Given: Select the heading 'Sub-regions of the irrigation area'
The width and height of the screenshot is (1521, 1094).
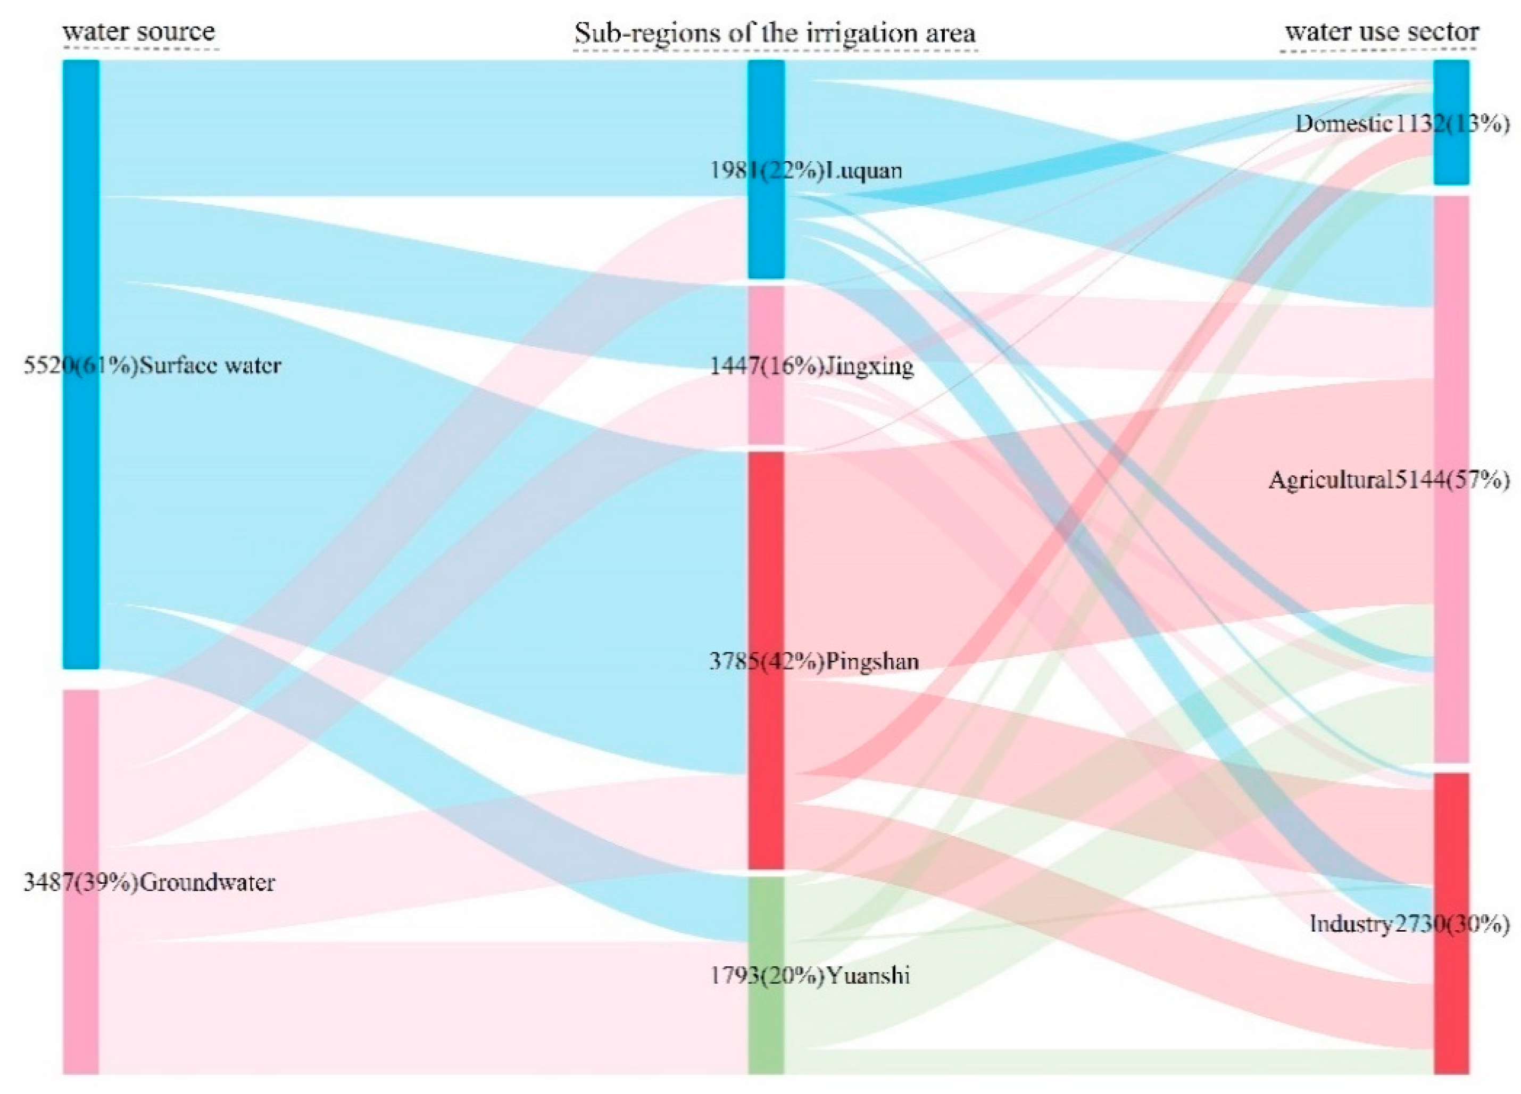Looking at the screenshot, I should tap(775, 34).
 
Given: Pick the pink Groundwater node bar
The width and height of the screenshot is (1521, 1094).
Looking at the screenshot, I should tap(81, 973).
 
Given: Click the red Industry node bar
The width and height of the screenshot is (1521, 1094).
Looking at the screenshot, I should tap(1451, 1006).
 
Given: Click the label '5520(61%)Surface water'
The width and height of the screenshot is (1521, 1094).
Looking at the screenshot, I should tap(152, 366).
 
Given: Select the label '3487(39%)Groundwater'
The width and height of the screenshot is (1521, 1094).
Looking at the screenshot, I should tap(149, 882).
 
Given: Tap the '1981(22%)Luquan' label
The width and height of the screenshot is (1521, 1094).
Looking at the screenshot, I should tap(806, 170).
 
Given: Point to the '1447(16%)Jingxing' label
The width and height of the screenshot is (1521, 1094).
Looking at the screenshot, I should tap(811, 366).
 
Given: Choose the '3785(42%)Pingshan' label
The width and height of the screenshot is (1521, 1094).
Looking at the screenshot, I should tap(814, 661).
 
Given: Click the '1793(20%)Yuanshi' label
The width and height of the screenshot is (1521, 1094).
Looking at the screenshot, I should tap(810, 975).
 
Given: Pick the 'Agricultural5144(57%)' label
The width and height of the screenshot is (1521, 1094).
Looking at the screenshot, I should tap(1388, 480).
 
